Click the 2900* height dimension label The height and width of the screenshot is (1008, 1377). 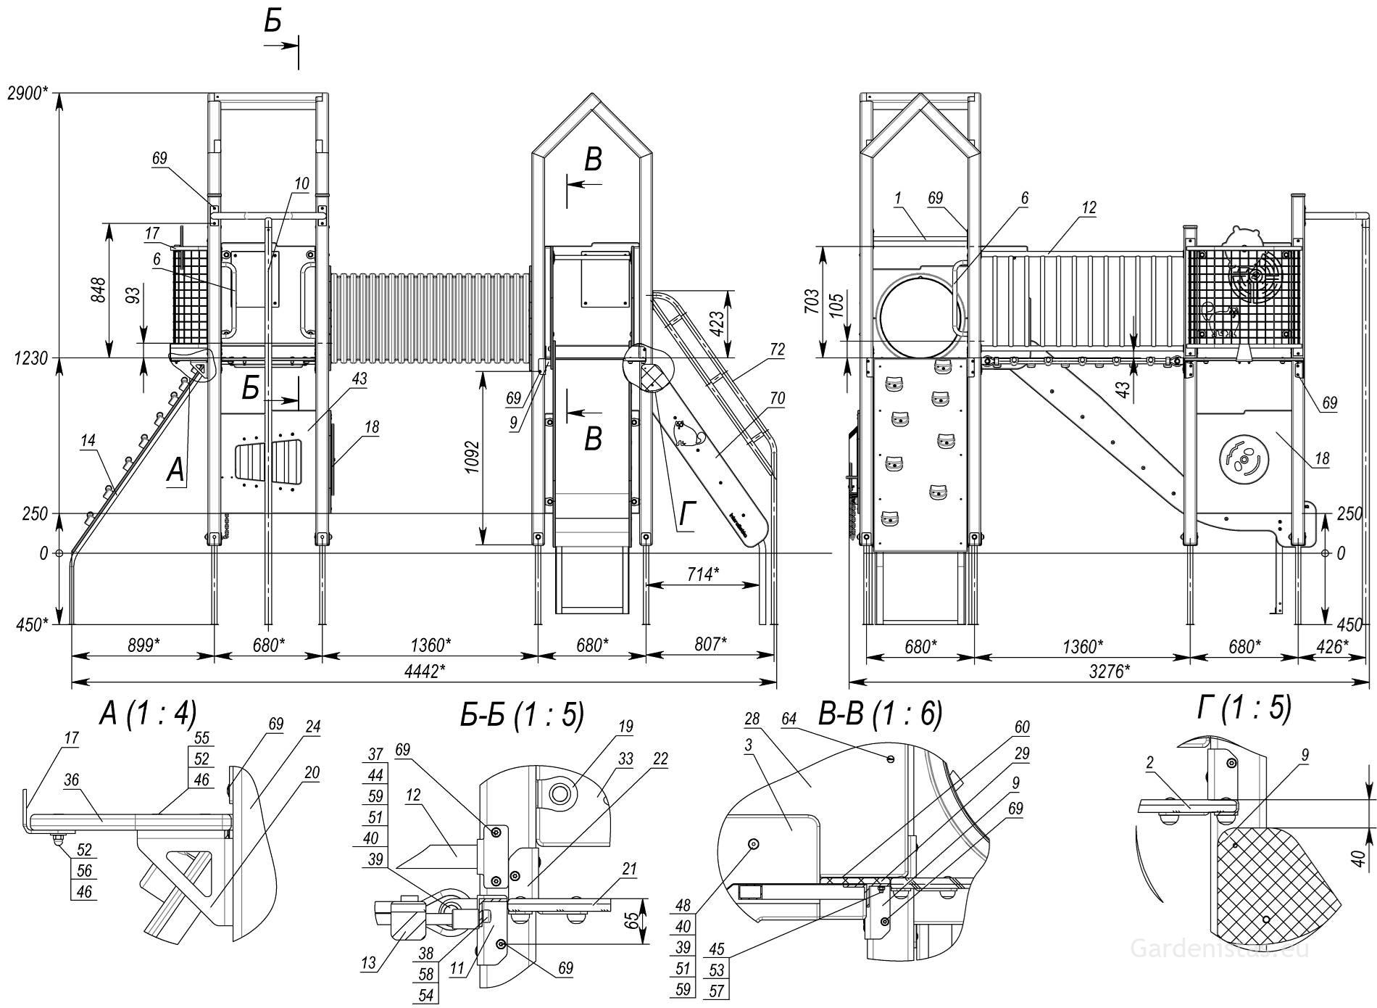pos(28,93)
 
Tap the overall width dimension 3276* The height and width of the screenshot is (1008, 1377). pos(1109,671)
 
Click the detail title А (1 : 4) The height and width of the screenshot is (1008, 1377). pos(148,715)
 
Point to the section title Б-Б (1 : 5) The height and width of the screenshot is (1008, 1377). pos(522,715)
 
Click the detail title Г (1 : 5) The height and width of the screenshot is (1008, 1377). pos(1244,708)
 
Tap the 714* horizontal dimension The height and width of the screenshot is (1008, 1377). pos(702,574)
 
